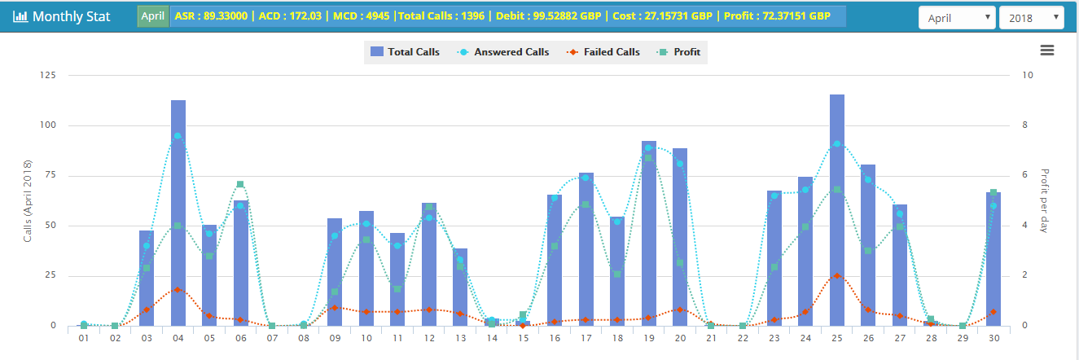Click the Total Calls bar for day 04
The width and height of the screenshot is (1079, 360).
pyautogui.click(x=178, y=212)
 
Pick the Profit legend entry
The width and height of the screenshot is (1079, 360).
pyautogui.click(x=679, y=52)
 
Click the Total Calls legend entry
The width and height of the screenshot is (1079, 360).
pyautogui.click(x=405, y=52)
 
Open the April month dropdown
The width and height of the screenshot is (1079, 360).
pyautogui.click(x=956, y=16)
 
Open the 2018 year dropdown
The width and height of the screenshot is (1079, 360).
pyautogui.click(x=1031, y=16)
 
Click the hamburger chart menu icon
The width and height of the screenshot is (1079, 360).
pyautogui.click(x=1047, y=50)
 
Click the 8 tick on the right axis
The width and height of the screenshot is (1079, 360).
pyautogui.click(x=1029, y=125)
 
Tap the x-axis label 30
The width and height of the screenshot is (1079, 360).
pyautogui.click(x=993, y=338)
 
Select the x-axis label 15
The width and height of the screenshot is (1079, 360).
pyautogui.click(x=523, y=338)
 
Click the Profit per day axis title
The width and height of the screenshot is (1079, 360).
pyautogui.click(x=1045, y=200)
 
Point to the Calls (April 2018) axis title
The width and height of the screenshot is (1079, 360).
pyautogui.click(x=28, y=200)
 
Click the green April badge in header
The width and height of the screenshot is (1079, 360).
pyautogui.click(x=153, y=16)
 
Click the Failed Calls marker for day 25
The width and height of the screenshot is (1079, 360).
pyautogui.click(x=836, y=276)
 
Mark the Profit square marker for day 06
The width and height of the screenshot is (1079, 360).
pyautogui.click(x=240, y=185)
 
